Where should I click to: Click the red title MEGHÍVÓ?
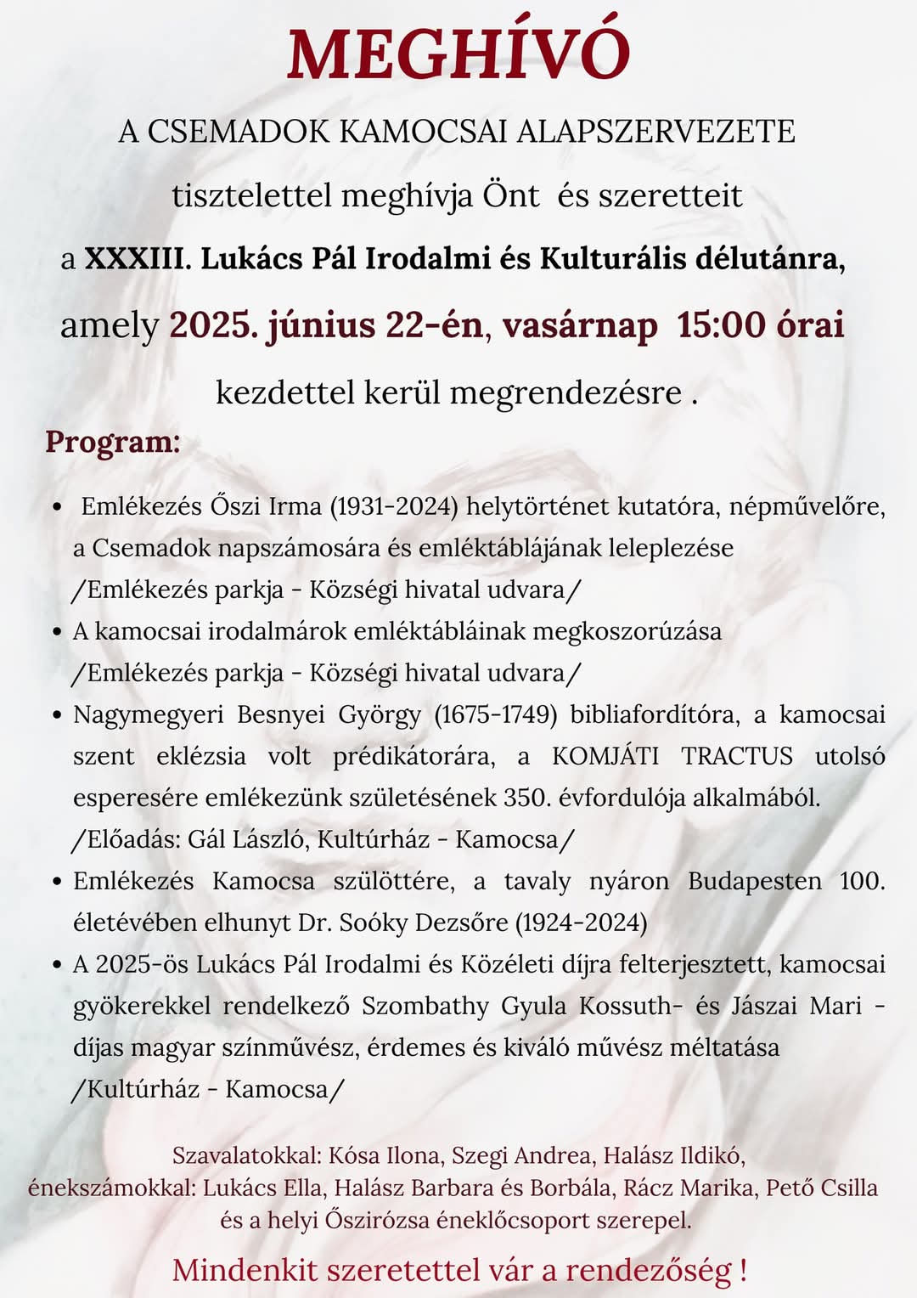coord(458,53)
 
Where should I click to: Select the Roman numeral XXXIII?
coord(134,258)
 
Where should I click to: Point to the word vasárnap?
coord(579,325)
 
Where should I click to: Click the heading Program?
coord(113,443)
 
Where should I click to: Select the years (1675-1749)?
coord(495,714)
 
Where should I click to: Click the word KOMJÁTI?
coord(605,756)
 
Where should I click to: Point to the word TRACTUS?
coord(737,756)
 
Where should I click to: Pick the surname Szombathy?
coord(425,1006)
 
